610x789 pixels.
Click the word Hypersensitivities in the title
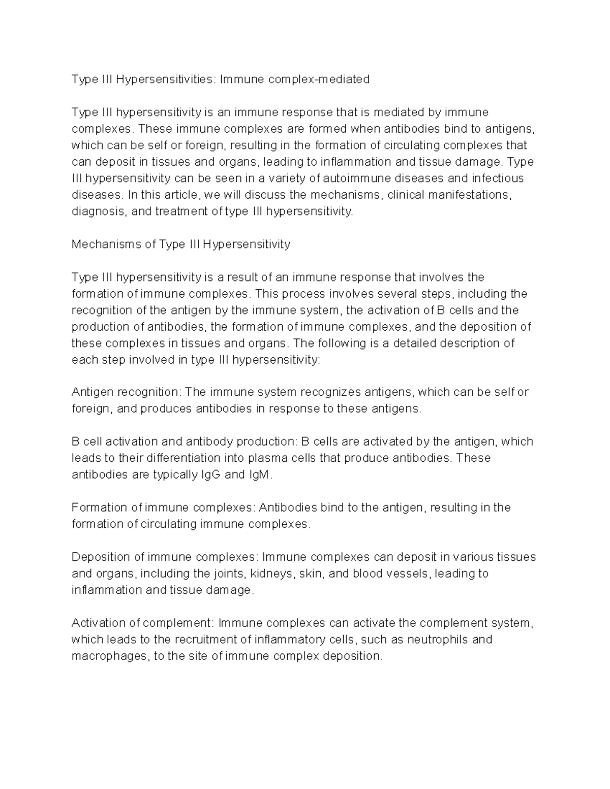click(165, 79)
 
